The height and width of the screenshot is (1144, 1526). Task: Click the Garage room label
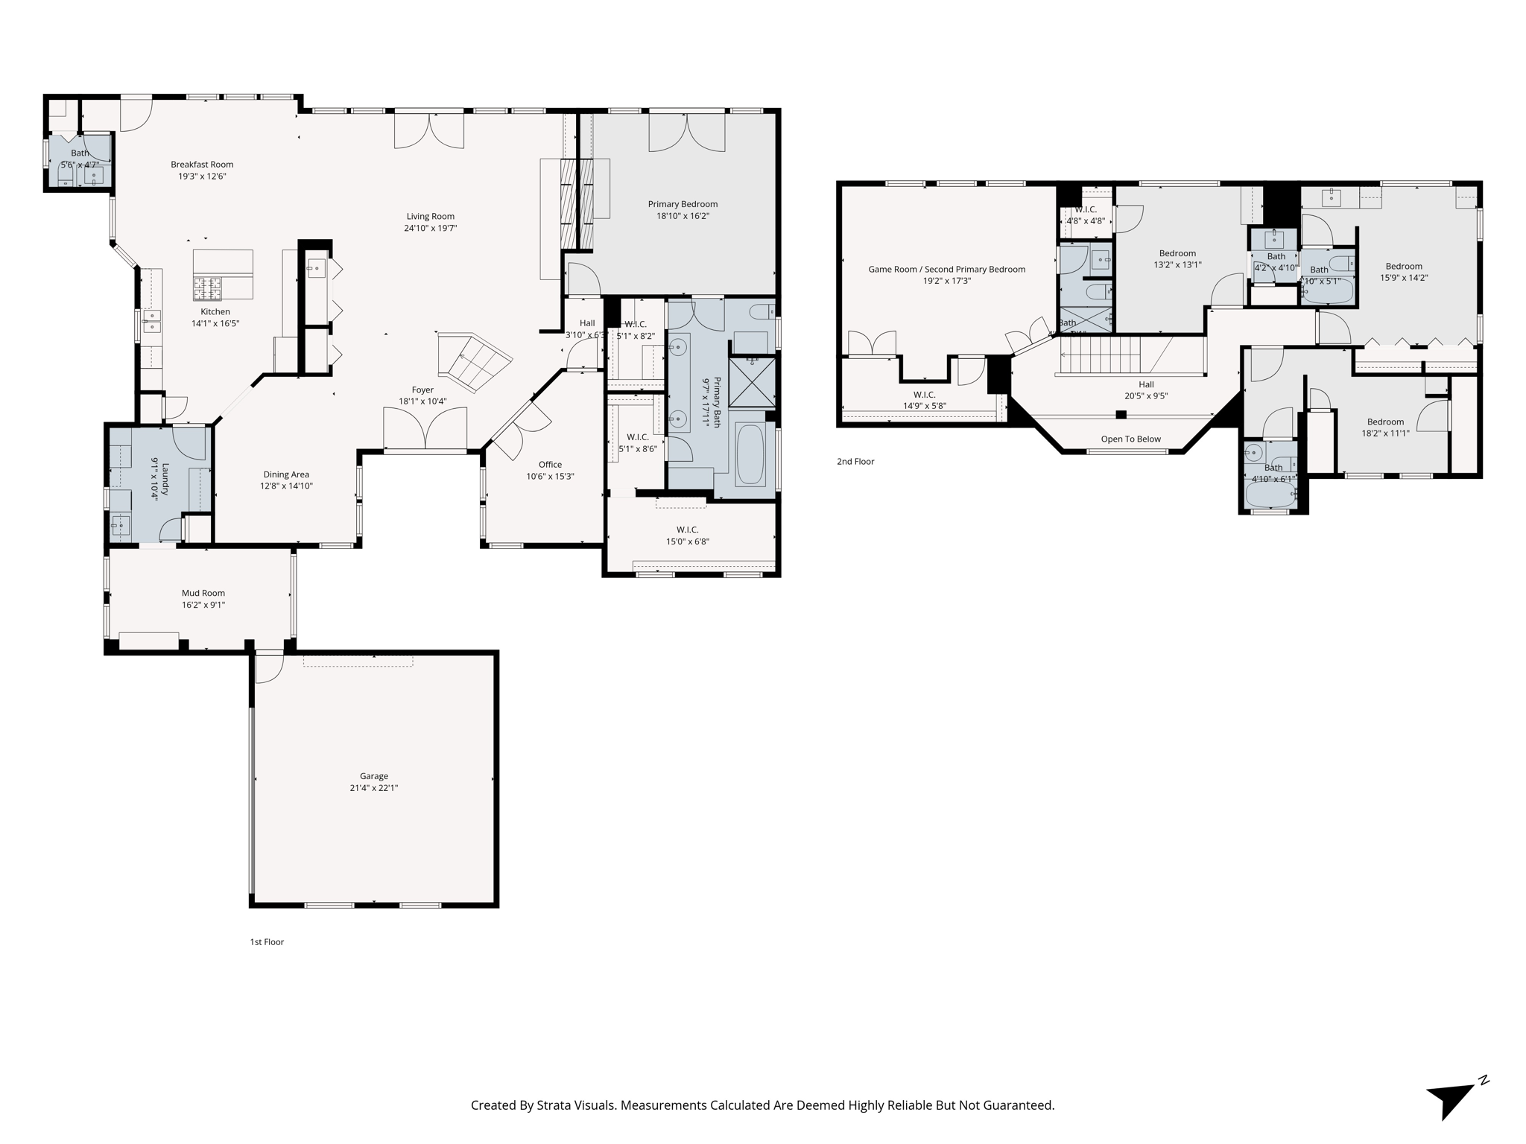pyautogui.click(x=373, y=775)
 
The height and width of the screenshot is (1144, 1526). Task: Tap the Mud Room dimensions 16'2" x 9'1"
pyautogui.click(x=203, y=606)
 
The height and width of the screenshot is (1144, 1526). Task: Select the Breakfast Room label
pyautogui.click(x=202, y=165)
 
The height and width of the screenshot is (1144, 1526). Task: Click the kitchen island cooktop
pyautogui.click(x=208, y=284)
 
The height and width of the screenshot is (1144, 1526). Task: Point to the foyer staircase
pyautogui.click(x=475, y=362)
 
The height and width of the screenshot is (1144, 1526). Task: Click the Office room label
pyautogui.click(x=550, y=465)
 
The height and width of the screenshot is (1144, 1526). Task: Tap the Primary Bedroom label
pyautogui.click(x=683, y=204)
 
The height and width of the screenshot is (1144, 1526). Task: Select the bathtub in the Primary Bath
pyautogui.click(x=750, y=454)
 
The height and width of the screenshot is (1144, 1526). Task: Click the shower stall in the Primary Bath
pyautogui.click(x=752, y=383)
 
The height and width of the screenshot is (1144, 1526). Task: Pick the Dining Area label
pyautogui.click(x=286, y=474)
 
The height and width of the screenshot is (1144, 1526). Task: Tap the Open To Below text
pyautogui.click(x=1130, y=439)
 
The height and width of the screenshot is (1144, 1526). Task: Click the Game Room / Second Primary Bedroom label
pyautogui.click(x=946, y=270)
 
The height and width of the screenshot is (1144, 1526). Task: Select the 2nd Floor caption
pyautogui.click(x=855, y=462)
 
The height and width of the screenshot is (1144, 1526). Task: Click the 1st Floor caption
pyautogui.click(x=267, y=942)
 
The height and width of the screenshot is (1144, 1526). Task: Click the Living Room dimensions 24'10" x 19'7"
pyautogui.click(x=430, y=229)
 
